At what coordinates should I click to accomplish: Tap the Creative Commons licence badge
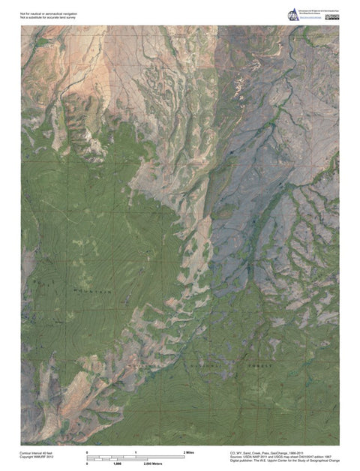click(334, 16)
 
